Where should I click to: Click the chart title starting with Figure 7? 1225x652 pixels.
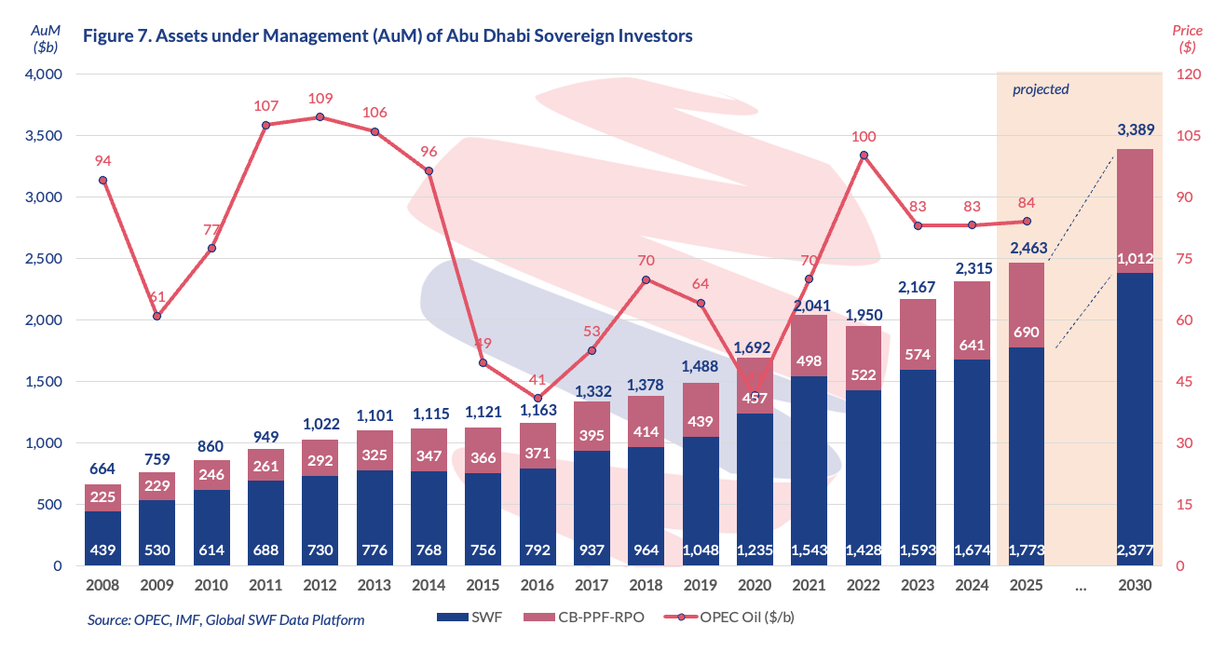(x=388, y=36)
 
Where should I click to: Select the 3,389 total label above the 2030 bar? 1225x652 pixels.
(x=1135, y=129)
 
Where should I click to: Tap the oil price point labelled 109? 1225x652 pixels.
(x=320, y=116)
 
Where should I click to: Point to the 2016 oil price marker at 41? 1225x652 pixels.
(x=538, y=399)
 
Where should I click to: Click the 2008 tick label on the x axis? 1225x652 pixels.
(x=102, y=587)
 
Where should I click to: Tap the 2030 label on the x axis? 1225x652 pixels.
(x=1135, y=587)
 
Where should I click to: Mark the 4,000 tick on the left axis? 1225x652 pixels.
(x=42, y=75)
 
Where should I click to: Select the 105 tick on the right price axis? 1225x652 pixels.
(x=1189, y=136)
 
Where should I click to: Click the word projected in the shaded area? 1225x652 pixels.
(x=1041, y=89)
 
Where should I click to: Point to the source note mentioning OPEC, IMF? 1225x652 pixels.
(x=225, y=619)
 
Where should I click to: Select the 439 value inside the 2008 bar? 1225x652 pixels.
(x=102, y=550)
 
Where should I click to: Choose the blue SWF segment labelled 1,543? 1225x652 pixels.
(x=810, y=550)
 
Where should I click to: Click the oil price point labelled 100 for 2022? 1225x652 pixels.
(x=864, y=156)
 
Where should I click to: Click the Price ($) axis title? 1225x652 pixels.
(x=1187, y=37)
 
